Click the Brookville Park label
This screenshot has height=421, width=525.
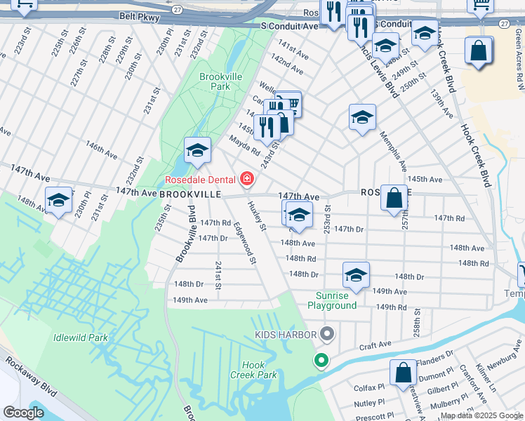point(215,81)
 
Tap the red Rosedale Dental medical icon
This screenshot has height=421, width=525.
point(246,180)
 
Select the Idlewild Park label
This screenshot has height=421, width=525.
point(81,338)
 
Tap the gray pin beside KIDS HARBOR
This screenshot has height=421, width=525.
point(326,335)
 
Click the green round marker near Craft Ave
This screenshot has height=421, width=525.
point(321,361)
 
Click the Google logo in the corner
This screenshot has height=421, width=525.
point(23,412)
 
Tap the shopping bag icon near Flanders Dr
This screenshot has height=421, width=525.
point(404,373)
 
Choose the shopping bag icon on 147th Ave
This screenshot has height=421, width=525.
point(394,198)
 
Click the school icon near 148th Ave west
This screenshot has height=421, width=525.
point(59,199)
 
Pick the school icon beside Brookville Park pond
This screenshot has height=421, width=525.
point(198,150)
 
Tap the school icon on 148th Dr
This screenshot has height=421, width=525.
point(356,274)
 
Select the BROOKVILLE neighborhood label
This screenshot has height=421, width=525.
point(190,194)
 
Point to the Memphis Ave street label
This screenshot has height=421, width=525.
point(393,151)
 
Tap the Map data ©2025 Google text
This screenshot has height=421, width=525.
point(481,415)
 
